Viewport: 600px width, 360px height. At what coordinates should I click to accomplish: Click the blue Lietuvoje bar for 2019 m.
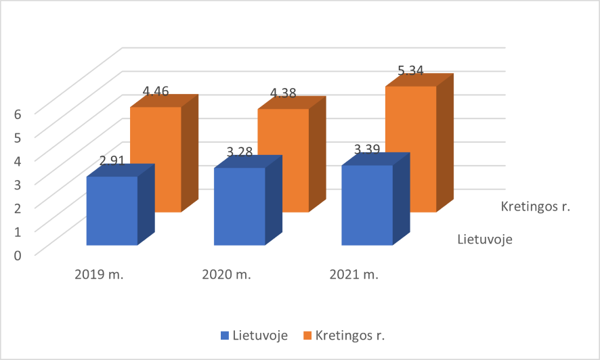[x=112, y=210]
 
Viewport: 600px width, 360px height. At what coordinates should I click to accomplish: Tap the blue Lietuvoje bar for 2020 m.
[x=239, y=206]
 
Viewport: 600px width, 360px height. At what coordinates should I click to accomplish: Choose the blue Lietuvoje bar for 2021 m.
[x=366, y=205]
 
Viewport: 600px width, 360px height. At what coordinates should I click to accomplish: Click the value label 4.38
[x=282, y=93]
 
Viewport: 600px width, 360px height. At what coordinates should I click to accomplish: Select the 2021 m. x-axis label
[x=353, y=275]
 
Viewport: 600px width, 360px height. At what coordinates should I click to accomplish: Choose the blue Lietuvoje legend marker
[x=224, y=335]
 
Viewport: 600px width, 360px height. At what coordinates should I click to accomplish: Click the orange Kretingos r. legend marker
[x=307, y=335]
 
